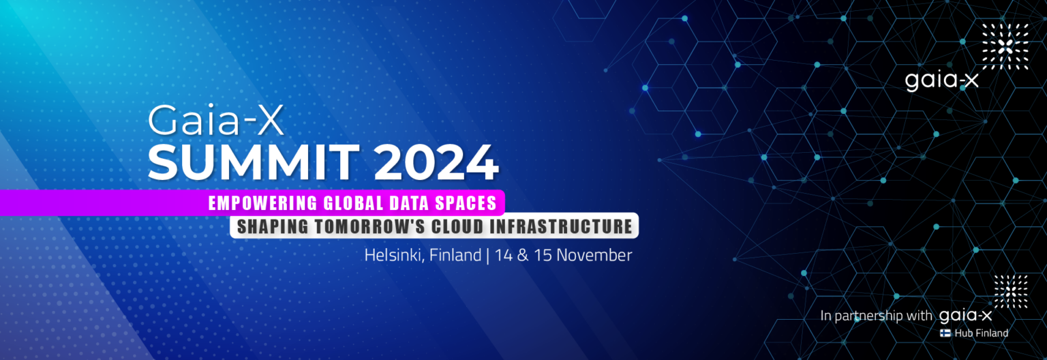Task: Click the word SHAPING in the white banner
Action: [267, 226]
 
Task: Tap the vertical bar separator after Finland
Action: [487, 256]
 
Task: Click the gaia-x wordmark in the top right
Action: [941, 80]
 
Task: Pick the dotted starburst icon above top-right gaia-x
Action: [1005, 46]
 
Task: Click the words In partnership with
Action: [876, 316]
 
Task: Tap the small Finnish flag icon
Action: [946, 333]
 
